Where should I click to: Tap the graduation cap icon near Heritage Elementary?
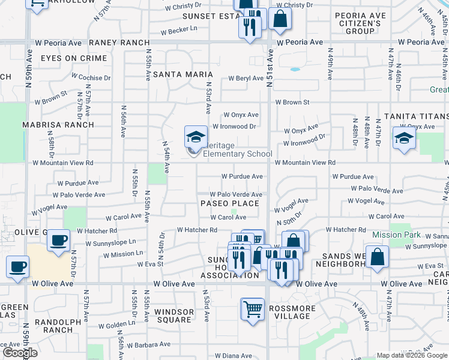point(196,138)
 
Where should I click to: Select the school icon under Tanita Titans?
point(404,138)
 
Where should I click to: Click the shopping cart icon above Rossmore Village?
point(253,310)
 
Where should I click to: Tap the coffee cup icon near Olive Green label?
point(58,241)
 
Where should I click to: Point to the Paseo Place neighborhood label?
point(230,203)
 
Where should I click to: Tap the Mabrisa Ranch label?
point(58,125)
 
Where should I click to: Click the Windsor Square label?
point(174,316)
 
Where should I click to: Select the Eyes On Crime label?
point(74,59)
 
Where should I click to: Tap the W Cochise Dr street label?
point(91,77)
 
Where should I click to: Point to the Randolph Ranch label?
point(58,326)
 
